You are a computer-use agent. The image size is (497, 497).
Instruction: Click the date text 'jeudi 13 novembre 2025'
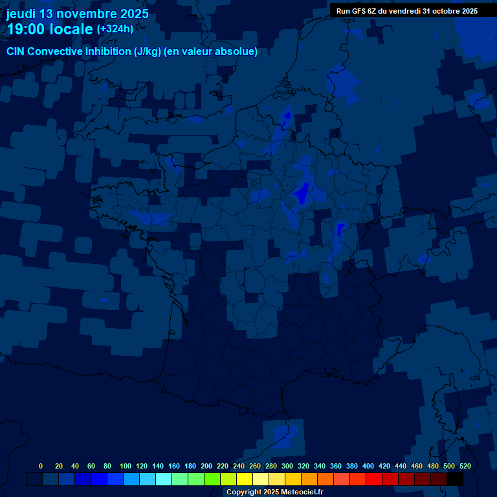(x=78, y=14)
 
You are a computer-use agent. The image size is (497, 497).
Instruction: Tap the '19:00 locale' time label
(x=50, y=29)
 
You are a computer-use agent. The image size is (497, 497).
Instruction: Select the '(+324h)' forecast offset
(x=115, y=29)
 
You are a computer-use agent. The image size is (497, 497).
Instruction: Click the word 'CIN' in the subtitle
(x=16, y=52)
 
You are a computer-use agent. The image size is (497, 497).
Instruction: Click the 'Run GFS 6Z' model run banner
(x=407, y=10)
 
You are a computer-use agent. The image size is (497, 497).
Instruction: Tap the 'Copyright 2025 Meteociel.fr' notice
(x=274, y=492)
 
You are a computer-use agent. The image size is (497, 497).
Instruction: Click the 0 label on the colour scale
(x=41, y=466)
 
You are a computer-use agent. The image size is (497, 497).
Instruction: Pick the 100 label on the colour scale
(x=126, y=466)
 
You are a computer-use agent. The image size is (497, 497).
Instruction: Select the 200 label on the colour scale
(x=206, y=466)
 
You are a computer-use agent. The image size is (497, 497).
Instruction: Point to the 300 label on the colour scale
(x=287, y=466)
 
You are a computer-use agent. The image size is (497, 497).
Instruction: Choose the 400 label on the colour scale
(x=368, y=466)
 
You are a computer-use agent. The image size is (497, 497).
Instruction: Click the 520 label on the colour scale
(x=465, y=466)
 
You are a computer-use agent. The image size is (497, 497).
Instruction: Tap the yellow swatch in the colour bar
(x=245, y=479)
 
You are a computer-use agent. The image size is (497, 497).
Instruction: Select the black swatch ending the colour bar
(x=455, y=479)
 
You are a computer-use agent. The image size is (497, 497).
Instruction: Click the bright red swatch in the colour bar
(x=374, y=479)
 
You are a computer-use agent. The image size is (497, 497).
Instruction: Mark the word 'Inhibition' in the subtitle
(x=107, y=52)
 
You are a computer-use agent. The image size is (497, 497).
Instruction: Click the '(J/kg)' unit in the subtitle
(x=149, y=52)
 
